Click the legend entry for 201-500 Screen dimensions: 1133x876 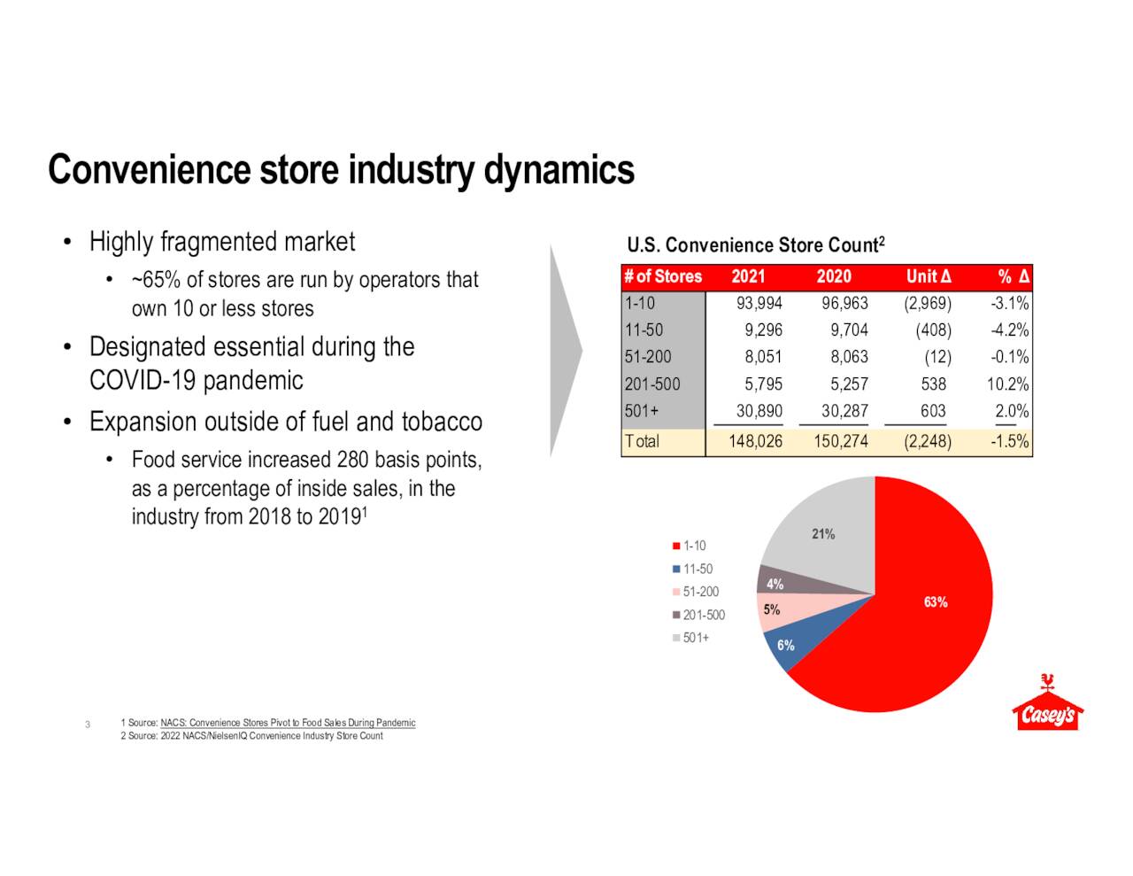(698, 615)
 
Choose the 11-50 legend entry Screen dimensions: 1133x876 (692, 569)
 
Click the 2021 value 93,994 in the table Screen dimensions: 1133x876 (759, 303)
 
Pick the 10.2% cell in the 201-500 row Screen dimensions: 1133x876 (1008, 384)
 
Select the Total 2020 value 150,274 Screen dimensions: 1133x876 (841, 441)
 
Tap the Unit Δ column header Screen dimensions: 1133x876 (929, 276)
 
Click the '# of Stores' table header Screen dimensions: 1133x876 (663, 276)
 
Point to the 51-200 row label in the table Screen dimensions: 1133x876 (648, 357)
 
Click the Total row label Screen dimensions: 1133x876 (642, 441)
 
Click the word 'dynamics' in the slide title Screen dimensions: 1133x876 (559, 171)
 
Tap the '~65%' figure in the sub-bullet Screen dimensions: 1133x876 (156, 280)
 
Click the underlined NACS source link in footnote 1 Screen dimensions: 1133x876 (288, 723)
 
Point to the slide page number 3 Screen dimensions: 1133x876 (88, 725)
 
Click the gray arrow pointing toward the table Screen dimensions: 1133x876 (566, 351)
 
